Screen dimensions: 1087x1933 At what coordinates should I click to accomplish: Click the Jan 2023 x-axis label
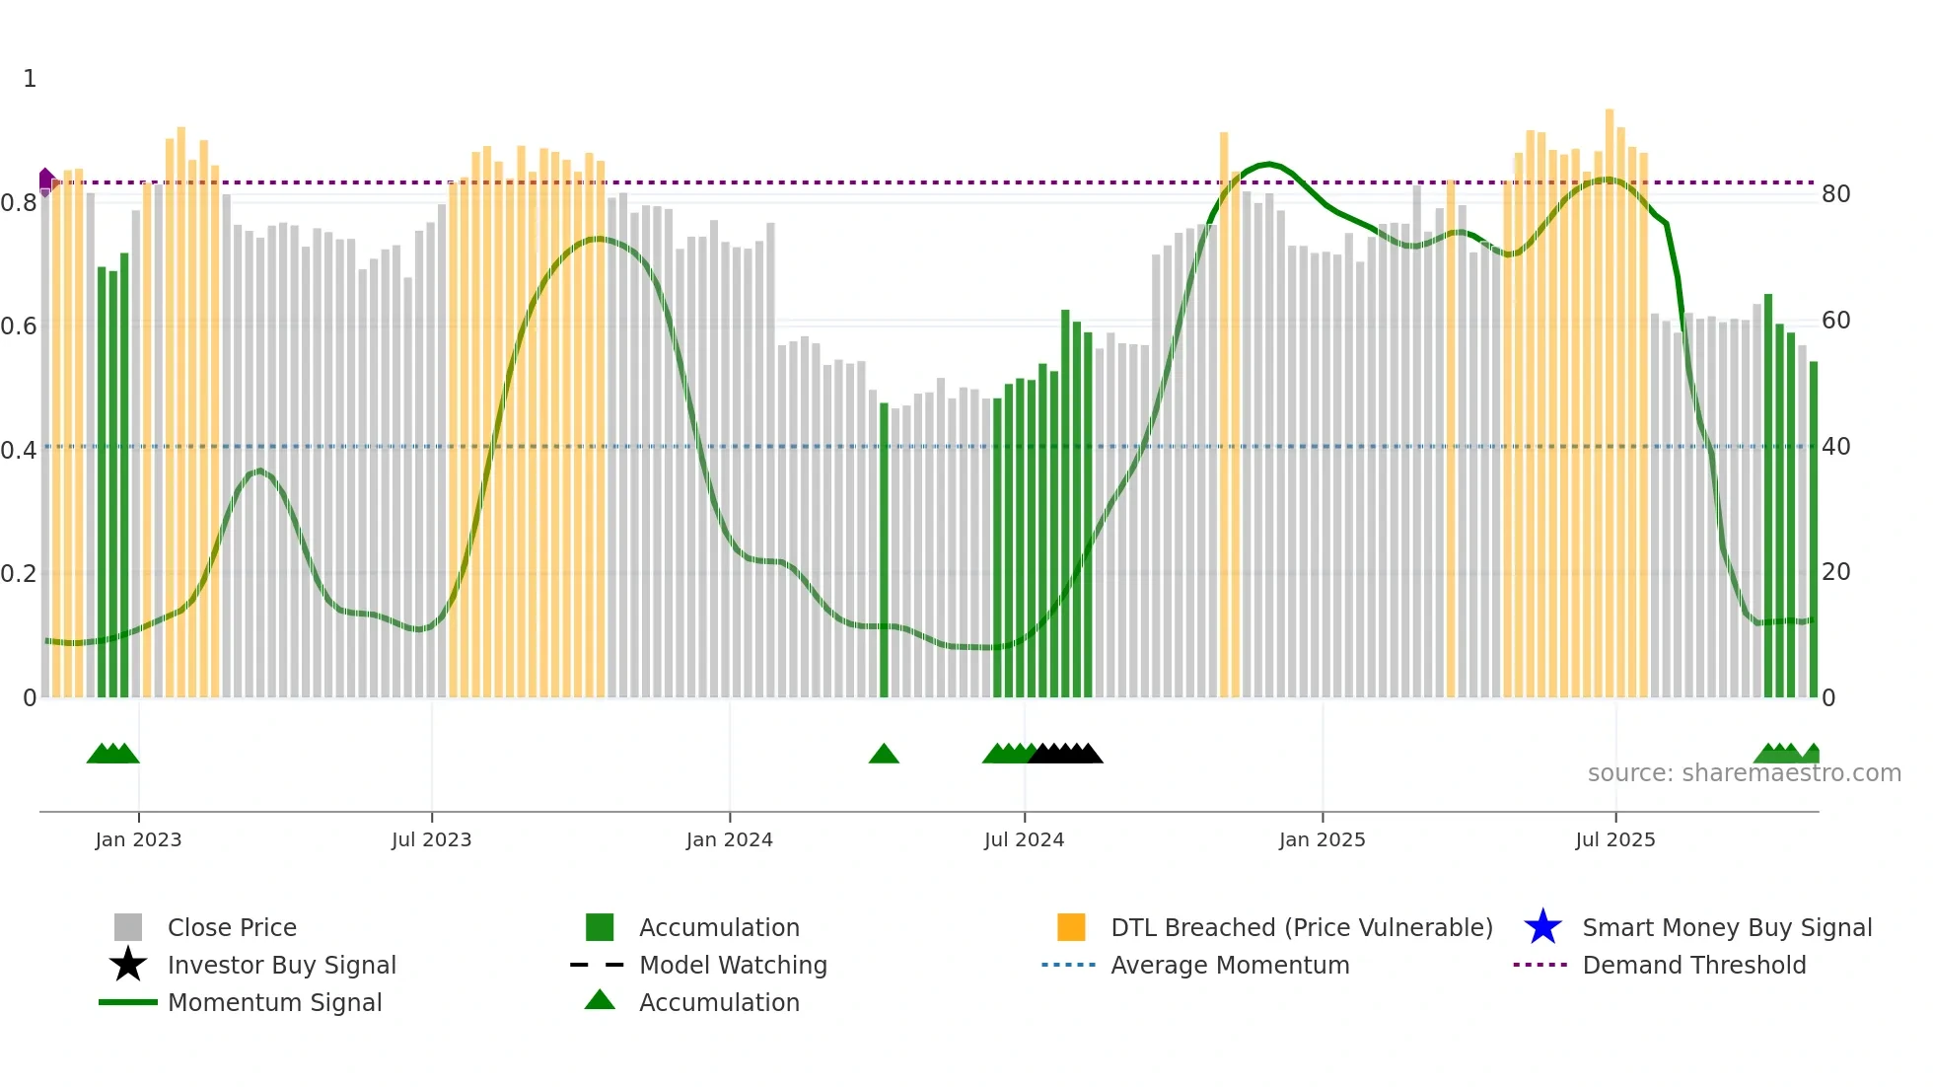[x=138, y=839]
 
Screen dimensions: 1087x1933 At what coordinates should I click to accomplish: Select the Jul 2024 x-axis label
[x=1024, y=839]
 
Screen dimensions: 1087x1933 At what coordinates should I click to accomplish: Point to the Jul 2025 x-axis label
[x=1614, y=839]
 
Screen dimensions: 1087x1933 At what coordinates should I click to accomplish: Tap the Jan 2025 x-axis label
[x=1322, y=839]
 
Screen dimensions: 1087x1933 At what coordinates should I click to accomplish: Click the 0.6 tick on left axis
[x=19, y=326]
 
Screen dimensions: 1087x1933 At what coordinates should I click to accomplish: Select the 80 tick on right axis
[x=1835, y=194]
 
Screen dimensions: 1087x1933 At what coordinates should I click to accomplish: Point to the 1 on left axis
[x=30, y=79]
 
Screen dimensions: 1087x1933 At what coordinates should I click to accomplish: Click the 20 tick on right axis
[x=1835, y=572]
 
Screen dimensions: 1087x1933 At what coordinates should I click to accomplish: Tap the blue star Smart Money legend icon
[x=1542, y=927]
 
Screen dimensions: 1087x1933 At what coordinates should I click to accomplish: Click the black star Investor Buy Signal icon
[x=128, y=965]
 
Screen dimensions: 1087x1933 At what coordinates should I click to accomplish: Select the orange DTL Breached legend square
[x=1071, y=927]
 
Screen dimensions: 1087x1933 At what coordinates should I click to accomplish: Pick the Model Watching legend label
[x=733, y=965]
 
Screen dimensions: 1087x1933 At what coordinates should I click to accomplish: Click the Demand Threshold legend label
[x=1693, y=965]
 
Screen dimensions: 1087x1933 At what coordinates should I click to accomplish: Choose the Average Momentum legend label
[x=1230, y=965]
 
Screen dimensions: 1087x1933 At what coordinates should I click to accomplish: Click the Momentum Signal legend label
[x=274, y=1002]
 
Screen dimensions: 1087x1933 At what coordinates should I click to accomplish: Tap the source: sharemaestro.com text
[x=1744, y=773]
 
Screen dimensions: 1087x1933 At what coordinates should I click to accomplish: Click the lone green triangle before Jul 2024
[x=884, y=755]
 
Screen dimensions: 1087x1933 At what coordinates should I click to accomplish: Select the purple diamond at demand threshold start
[x=46, y=181]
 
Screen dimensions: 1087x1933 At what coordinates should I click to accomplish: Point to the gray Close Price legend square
[x=128, y=927]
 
